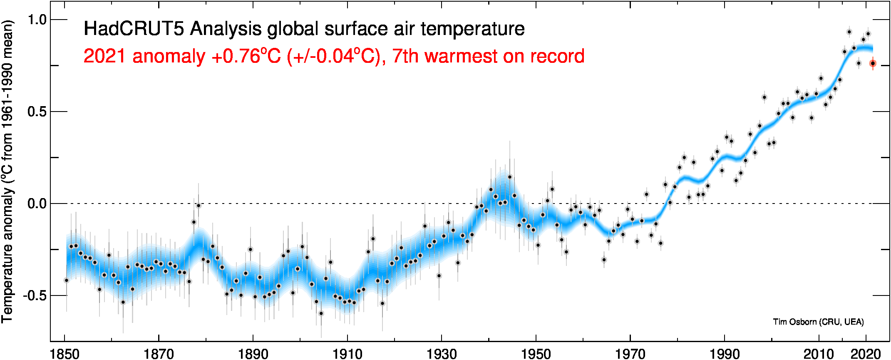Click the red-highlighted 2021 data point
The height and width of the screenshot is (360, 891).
[x=873, y=63]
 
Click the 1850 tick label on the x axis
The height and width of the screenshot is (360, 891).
[x=65, y=354]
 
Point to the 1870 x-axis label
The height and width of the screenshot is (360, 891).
[x=159, y=354]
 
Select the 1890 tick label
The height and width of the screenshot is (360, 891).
[x=253, y=354]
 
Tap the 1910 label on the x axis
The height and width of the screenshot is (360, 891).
[x=347, y=354]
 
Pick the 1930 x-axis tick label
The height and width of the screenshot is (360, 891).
[x=442, y=354]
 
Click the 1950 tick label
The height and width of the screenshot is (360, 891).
[x=536, y=354]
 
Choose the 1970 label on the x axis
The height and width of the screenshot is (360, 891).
[x=630, y=354]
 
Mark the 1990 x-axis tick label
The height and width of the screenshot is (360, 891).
[x=725, y=354]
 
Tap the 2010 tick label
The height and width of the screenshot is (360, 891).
[x=819, y=354]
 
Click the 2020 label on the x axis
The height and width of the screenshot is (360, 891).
[x=866, y=354]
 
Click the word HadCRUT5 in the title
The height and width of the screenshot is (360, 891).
[x=134, y=29]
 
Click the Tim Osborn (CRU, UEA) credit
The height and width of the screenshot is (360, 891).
[x=818, y=322]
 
